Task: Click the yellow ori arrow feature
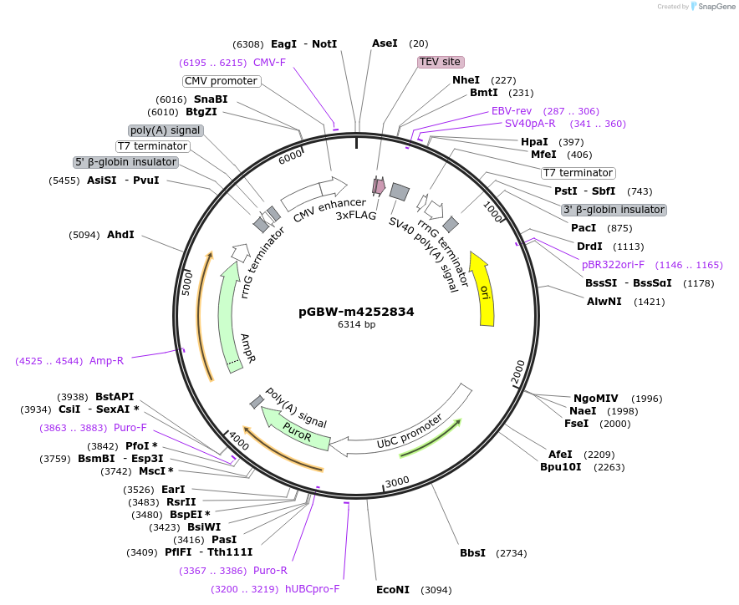click(482, 289)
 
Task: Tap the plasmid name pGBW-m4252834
click(356, 312)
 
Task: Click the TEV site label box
click(441, 62)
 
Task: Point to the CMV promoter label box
click(222, 81)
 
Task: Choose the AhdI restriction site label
click(120, 235)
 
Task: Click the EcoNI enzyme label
click(393, 590)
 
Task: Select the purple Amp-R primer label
click(106, 361)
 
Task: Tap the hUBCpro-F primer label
click(313, 588)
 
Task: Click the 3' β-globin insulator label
click(614, 210)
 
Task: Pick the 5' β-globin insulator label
click(126, 162)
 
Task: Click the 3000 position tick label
click(396, 480)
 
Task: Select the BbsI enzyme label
click(472, 553)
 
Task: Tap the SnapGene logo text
click(713, 7)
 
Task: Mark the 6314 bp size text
click(356, 324)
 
